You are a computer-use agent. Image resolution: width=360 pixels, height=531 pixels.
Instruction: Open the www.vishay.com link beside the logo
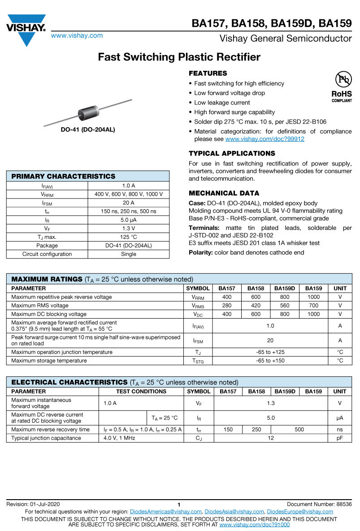tap(77, 35)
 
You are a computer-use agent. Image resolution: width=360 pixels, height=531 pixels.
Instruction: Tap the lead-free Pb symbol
tap(343, 80)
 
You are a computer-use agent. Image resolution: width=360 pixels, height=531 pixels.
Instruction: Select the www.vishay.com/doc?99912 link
tap(265, 139)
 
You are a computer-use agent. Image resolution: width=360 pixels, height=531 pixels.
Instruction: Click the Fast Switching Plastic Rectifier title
tap(179, 57)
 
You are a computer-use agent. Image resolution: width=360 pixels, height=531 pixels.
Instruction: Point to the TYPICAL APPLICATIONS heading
tap(232, 153)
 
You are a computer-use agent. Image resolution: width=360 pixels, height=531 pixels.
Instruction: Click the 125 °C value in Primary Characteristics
tap(129, 237)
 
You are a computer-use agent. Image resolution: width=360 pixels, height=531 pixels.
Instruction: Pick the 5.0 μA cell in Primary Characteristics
tap(129, 220)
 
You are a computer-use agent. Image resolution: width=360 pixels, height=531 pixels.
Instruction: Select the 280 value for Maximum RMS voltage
tap(227, 306)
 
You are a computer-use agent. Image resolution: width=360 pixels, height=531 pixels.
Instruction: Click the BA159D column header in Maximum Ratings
tap(285, 289)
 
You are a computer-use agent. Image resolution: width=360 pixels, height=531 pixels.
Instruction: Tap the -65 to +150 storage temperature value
tap(270, 361)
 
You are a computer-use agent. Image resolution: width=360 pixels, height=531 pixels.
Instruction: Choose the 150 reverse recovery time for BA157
tap(228, 429)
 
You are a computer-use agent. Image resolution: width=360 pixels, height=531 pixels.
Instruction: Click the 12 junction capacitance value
tap(271, 438)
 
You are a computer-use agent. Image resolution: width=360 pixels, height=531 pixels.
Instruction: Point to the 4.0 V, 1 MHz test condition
tap(119, 438)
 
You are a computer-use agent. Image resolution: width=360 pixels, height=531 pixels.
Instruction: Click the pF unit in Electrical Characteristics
tap(340, 438)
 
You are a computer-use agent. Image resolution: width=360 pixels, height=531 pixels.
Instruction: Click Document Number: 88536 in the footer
tap(319, 504)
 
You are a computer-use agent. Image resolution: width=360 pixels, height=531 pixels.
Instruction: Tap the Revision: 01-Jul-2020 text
tap(33, 504)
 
